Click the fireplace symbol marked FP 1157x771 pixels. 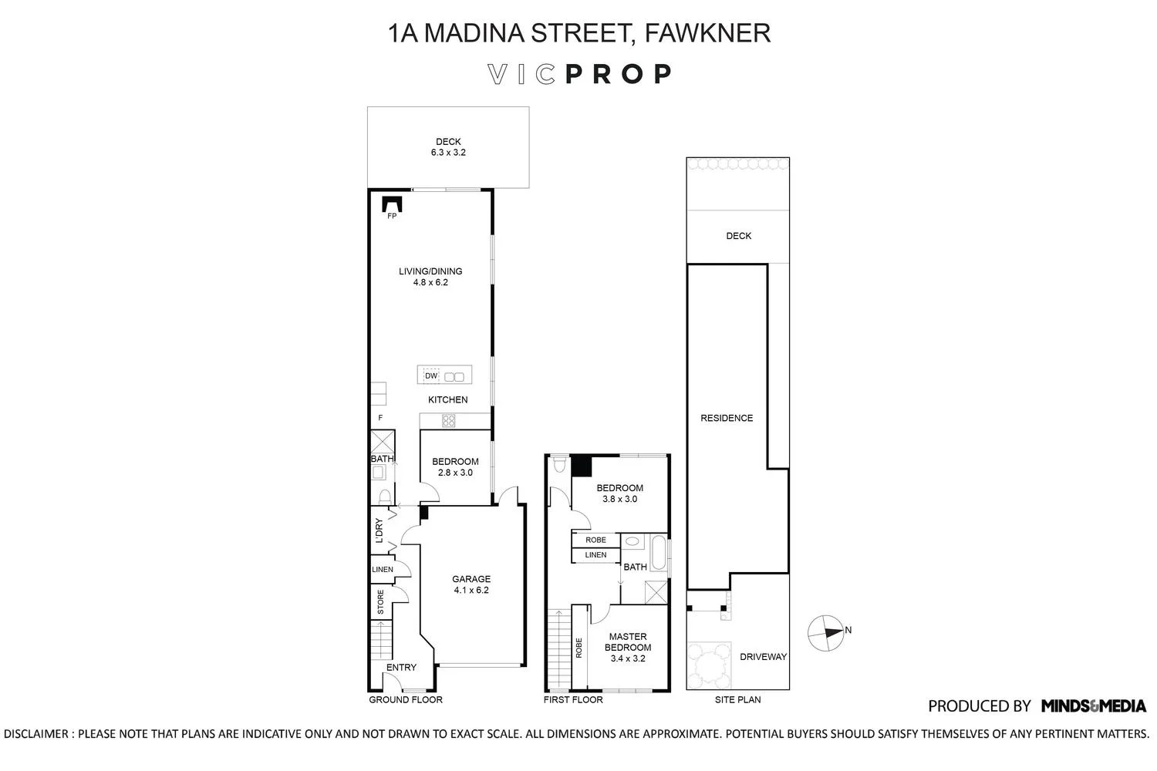tap(392, 204)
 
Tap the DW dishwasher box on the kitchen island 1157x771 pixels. tap(431, 376)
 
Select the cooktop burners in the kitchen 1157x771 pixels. tap(448, 420)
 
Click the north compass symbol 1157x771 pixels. tap(826, 632)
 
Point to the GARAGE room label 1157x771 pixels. tap(471, 579)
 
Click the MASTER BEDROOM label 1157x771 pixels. tap(628, 642)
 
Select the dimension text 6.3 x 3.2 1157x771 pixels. tap(448, 153)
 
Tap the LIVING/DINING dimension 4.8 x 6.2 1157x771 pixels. tap(430, 282)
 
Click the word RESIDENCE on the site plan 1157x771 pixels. tap(727, 418)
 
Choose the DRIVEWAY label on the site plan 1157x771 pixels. tap(763, 656)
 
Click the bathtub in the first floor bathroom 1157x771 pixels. tap(659, 553)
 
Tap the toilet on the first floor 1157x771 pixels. tap(558, 463)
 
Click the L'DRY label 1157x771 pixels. tap(379, 530)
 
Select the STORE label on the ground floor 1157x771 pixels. tap(381, 602)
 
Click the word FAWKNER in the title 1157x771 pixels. tap(707, 32)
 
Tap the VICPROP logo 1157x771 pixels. tap(579, 74)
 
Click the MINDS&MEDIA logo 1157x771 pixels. tap(1094, 705)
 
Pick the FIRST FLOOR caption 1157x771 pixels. tap(573, 699)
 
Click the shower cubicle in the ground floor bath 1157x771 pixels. tap(383, 442)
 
